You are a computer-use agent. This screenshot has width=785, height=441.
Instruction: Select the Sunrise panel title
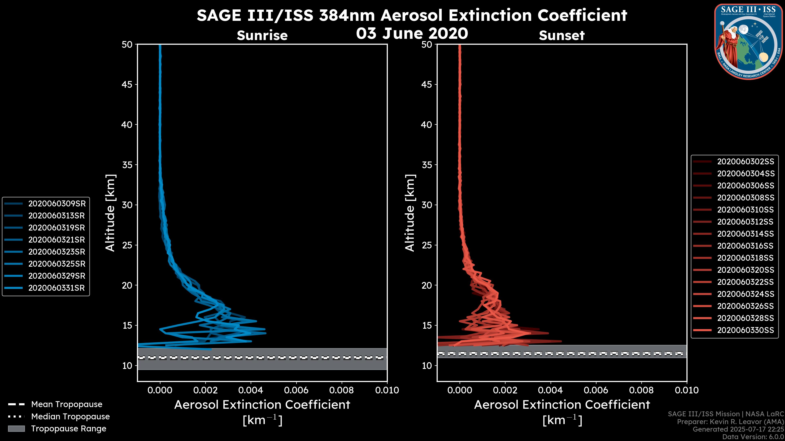[262, 36]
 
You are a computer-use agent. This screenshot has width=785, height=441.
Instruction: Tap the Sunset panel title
[562, 36]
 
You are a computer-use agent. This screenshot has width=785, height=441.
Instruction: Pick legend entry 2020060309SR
[57, 204]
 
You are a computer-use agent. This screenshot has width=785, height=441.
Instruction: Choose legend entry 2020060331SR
[56, 288]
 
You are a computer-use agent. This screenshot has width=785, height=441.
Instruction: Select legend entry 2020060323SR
[56, 252]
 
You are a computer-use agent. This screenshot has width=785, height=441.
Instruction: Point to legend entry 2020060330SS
[745, 330]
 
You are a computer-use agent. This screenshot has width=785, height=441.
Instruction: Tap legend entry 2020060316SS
[745, 246]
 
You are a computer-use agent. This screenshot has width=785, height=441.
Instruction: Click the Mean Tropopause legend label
[67, 404]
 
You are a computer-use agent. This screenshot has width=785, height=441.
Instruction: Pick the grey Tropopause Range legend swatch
[16, 429]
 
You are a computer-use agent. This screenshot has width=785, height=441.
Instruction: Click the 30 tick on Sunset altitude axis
[427, 205]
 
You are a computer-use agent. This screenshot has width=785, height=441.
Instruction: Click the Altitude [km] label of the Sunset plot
[410, 213]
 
